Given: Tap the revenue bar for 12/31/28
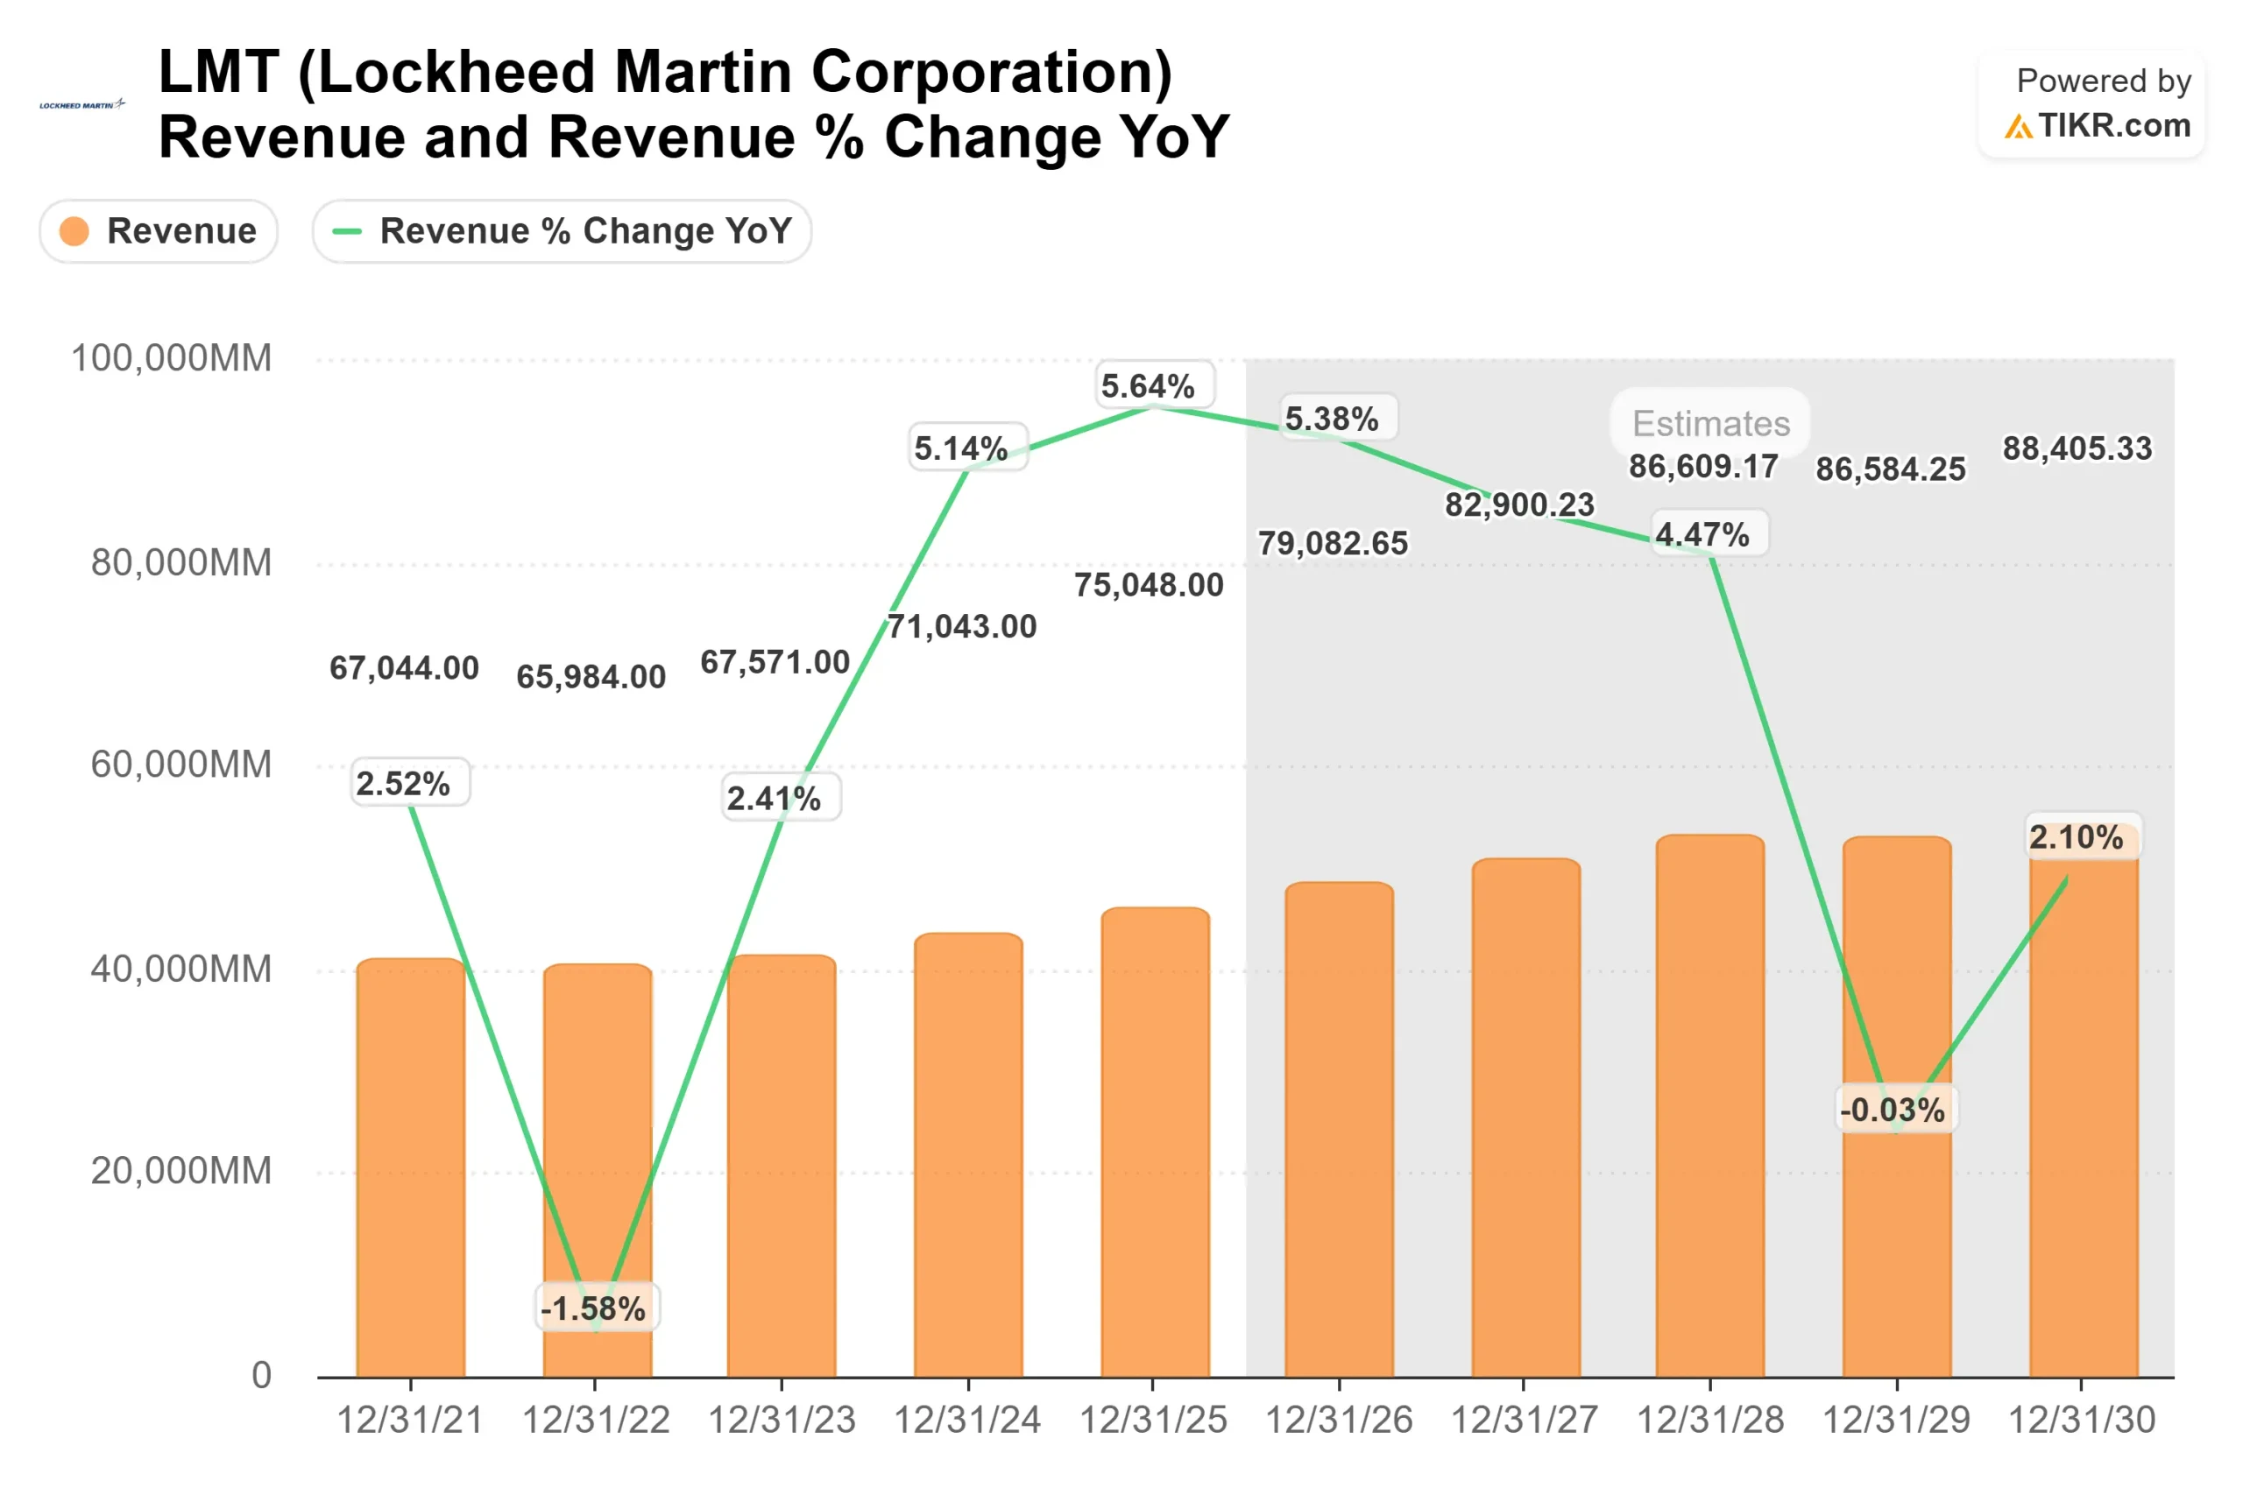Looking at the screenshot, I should click(x=1710, y=1106).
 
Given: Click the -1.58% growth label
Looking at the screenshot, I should click(x=593, y=1308).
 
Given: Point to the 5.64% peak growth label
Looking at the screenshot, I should click(x=1148, y=386).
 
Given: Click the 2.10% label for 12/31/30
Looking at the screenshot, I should click(x=2077, y=837).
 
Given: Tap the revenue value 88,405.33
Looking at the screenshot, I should click(x=2077, y=448).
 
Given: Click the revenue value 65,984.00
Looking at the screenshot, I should click(x=591, y=677).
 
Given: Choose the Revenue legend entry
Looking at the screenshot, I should click(x=159, y=230).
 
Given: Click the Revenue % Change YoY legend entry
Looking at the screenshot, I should click(x=562, y=230).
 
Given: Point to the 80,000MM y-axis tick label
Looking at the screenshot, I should click(x=181, y=562).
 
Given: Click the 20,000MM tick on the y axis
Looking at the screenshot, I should click(x=181, y=1171).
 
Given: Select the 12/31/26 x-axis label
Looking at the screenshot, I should click(x=1338, y=1421).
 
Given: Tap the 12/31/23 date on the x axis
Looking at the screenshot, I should click(x=781, y=1421).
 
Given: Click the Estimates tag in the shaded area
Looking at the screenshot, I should click(x=1711, y=423).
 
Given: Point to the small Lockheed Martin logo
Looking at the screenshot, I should click(x=82, y=105).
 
